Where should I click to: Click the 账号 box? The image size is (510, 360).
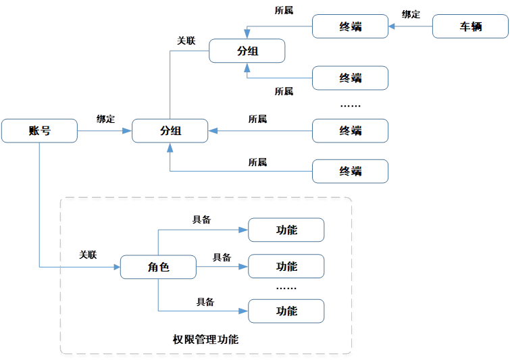[39, 131]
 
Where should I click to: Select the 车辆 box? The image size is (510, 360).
[470, 27]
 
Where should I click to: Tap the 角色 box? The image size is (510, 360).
[158, 267]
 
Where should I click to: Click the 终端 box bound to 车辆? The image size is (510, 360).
[350, 27]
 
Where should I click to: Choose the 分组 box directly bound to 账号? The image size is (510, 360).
[170, 131]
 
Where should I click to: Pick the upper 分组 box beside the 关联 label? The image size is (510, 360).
[247, 51]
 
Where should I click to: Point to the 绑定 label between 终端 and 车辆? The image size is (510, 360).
[411, 14]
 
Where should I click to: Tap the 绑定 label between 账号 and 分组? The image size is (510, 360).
[105, 119]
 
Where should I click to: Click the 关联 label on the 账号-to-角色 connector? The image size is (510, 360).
[88, 255]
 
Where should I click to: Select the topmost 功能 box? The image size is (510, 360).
[286, 230]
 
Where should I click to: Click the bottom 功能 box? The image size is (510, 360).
[286, 311]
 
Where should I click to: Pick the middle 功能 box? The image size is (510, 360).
[286, 267]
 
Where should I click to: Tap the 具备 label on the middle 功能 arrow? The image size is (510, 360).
[222, 257]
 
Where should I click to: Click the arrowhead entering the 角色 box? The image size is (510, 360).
[116, 267]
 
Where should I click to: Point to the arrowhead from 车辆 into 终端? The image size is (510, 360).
[393, 28]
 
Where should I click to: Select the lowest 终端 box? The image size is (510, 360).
[350, 172]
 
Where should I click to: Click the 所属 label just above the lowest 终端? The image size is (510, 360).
[257, 162]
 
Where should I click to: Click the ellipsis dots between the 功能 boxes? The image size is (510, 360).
[286, 288]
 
